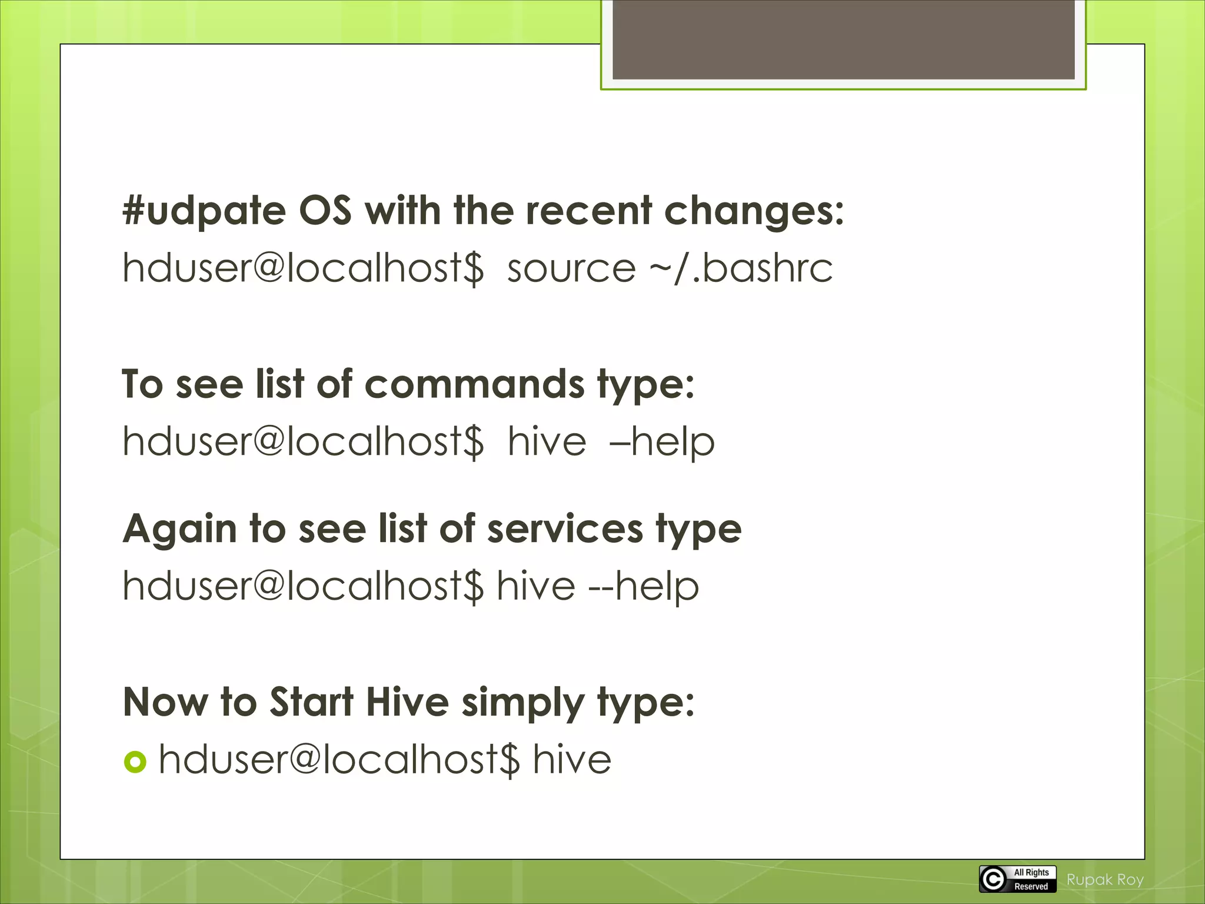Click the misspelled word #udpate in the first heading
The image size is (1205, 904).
pos(204,211)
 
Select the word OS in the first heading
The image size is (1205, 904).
pos(325,211)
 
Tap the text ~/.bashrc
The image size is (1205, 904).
pos(741,268)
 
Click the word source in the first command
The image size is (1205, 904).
pos(571,268)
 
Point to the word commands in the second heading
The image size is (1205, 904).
pos(474,384)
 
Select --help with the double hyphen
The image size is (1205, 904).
pos(644,586)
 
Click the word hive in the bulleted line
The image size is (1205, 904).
pos(572,759)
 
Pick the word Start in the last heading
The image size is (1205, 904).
pos(311,702)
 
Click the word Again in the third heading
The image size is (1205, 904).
pos(179,529)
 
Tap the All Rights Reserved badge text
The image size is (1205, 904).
pos(1031,879)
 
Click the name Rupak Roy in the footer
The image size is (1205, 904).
pos(1105,879)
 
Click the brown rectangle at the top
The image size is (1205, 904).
pos(843,39)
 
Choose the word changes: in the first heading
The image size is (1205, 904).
pos(754,211)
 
